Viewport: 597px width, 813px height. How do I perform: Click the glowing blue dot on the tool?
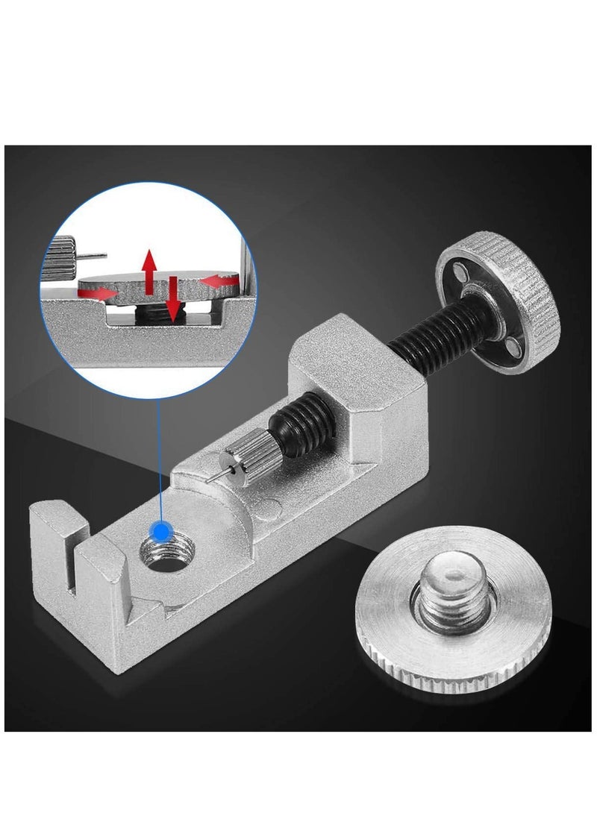click(159, 531)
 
